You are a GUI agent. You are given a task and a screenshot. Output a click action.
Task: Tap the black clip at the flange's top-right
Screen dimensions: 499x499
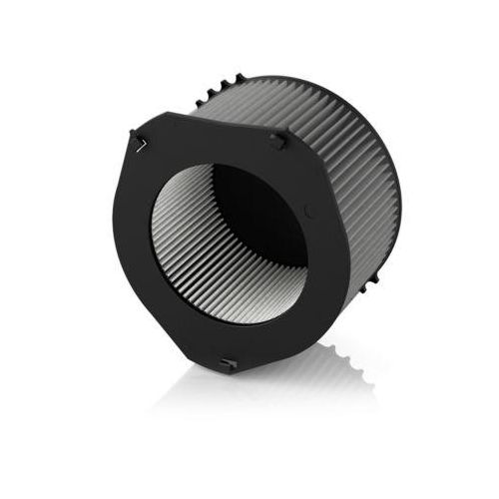tap(274, 140)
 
